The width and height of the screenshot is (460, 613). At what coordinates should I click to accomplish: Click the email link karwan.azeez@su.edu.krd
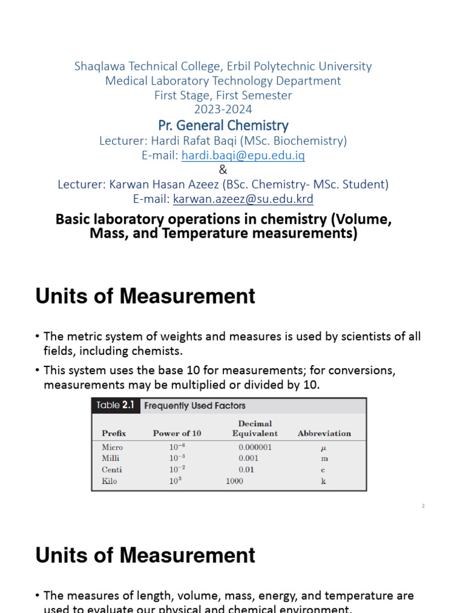pyautogui.click(x=243, y=199)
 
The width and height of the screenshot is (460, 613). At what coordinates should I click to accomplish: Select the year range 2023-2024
pyautogui.click(x=223, y=110)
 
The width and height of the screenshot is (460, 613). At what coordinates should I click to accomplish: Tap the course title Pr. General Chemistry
pyautogui.click(x=223, y=126)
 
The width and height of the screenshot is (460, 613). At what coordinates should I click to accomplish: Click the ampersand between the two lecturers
pyautogui.click(x=223, y=170)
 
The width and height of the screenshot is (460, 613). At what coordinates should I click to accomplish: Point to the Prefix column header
pyautogui.click(x=114, y=433)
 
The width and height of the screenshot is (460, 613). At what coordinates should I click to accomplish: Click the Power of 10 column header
pyautogui.click(x=177, y=433)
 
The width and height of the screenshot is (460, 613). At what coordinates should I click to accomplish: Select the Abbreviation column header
pyautogui.click(x=324, y=433)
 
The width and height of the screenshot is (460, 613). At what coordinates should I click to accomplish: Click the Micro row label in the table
pyautogui.click(x=112, y=447)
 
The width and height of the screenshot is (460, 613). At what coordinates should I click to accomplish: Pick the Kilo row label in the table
pyautogui.click(x=110, y=481)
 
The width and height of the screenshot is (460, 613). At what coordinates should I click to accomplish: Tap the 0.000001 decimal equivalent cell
pyautogui.click(x=255, y=447)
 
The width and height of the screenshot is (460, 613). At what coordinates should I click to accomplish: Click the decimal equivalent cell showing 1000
pyautogui.click(x=234, y=481)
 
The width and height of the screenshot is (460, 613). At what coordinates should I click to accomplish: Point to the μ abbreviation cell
pyautogui.click(x=324, y=448)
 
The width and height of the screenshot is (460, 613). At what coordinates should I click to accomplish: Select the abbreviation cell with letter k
pyautogui.click(x=324, y=481)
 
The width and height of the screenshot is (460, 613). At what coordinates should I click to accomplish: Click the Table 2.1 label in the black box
pyautogui.click(x=116, y=406)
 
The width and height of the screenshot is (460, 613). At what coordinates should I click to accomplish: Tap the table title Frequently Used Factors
pyautogui.click(x=195, y=406)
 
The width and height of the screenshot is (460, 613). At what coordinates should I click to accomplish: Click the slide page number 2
pyautogui.click(x=423, y=506)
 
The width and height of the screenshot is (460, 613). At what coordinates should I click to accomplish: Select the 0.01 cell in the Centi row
pyautogui.click(x=246, y=470)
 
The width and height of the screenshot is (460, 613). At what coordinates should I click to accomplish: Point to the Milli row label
pyautogui.click(x=111, y=459)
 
